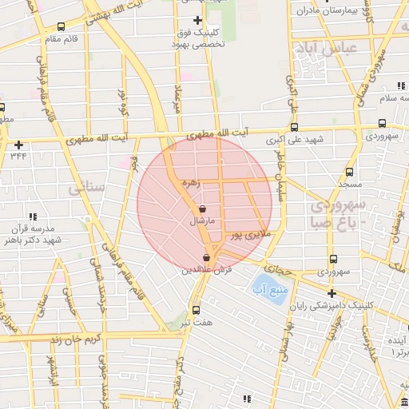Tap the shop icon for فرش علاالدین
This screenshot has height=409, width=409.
(x=208, y=257)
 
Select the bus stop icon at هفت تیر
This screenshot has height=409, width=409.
(x=196, y=310)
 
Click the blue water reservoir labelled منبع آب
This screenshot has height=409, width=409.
(x=262, y=285)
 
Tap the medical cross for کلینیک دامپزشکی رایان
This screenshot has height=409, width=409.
(x=332, y=293)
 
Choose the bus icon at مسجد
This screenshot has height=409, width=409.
(x=349, y=172)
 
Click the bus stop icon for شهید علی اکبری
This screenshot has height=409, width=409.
(x=294, y=127)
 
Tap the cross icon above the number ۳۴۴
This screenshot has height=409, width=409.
(x=18, y=145)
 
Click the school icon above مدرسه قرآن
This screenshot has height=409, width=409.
(x=32, y=216)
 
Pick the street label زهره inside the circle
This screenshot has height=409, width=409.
(x=189, y=182)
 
